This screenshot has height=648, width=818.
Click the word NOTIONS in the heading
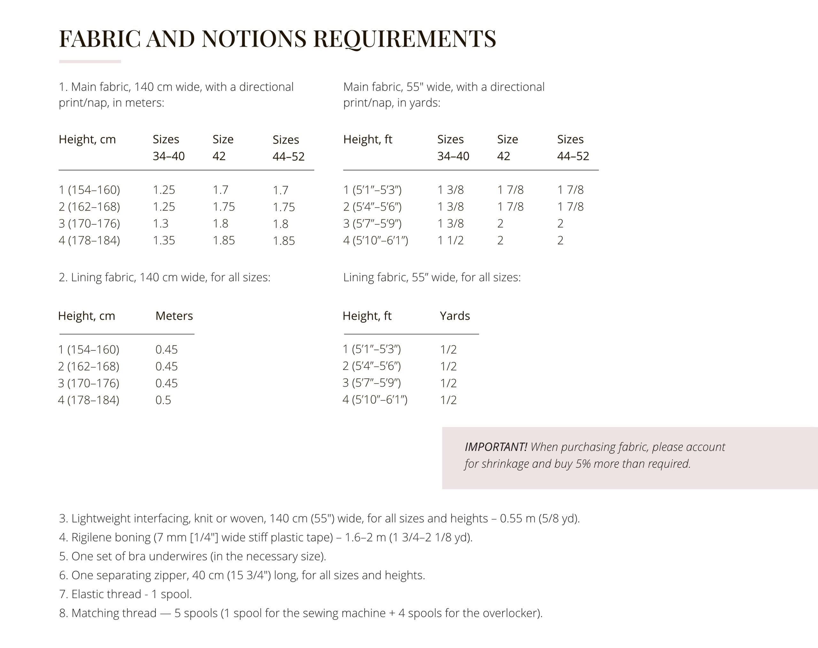tap(254, 39)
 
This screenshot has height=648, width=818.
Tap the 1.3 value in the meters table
tap(160, 223)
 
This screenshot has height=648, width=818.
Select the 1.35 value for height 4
tap(164, 240)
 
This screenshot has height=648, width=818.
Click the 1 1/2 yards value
tap(451, 240)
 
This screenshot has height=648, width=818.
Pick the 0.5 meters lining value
tap(163, 400)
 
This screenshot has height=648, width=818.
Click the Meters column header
tap(174, 316)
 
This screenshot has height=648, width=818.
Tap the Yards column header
tap(455, 316)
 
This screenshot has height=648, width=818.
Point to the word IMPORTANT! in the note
tap(496, 447)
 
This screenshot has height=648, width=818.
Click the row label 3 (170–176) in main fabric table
tap(89, 223)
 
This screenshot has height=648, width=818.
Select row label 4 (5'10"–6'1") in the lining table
tap(375, 400)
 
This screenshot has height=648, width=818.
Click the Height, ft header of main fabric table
tap(367, 139)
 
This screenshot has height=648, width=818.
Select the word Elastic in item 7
tap(87, 594)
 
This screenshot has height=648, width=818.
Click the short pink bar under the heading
tap(90, 61)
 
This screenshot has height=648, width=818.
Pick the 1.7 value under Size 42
tap(220, 190)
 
